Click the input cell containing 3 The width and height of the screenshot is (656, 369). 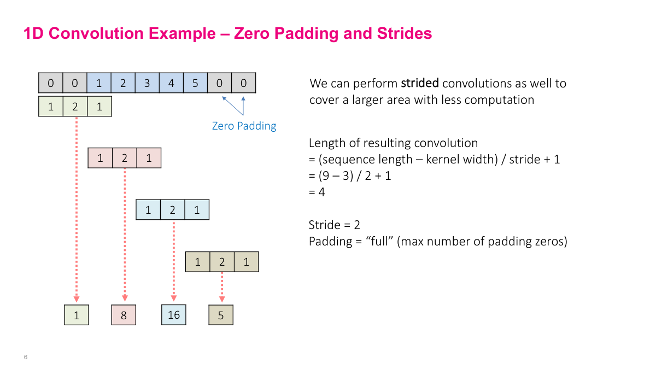point(147,84)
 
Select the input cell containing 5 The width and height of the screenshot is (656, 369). point(195,84)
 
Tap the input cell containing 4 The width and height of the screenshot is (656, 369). point(171,84)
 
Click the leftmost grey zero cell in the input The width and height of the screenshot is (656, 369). point(51,84)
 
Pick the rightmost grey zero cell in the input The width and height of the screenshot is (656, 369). point(244,84)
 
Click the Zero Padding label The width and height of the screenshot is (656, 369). point(244,126)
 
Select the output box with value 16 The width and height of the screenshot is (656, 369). point(174,314)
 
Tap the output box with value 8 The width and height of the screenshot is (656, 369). point(124,315)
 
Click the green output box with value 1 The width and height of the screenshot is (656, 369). point(77,315)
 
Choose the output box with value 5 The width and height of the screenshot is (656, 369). point(221,315)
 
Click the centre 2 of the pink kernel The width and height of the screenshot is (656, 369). point(125,159)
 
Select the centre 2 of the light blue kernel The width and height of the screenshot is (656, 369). point(173,210)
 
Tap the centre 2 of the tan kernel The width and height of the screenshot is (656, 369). point(222,262)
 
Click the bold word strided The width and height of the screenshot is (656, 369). point(419,84)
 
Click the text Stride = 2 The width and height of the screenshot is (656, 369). point(334,225)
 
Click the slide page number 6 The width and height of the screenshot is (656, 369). point(26,357)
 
